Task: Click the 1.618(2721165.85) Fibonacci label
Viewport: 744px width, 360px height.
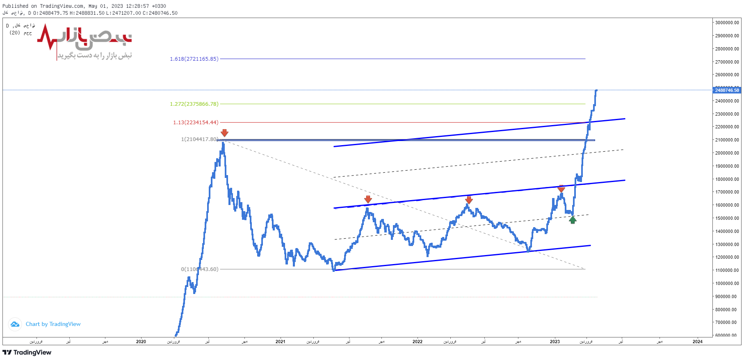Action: point(194,59)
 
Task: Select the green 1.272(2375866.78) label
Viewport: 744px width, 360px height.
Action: point(194,104)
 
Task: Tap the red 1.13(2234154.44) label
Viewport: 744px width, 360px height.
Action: point(196,123)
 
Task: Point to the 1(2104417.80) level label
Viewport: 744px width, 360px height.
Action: point(199,139)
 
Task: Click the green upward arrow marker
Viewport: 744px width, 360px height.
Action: point(573,220)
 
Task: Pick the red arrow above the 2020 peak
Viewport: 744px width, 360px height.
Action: point(224,133)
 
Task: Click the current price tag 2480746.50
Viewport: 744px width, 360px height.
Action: point(727,90)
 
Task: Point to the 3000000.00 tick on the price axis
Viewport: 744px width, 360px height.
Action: point(727,23)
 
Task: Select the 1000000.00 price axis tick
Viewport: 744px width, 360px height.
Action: point(727,283)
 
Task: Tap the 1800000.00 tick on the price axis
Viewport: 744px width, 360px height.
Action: point(727,179)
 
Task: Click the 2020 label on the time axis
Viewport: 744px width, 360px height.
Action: point(141,342)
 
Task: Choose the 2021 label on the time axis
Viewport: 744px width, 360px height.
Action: point(281,342)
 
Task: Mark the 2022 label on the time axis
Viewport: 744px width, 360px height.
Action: point(418,342)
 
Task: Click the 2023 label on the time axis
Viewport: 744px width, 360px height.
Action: point(555,342)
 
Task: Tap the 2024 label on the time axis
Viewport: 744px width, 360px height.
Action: point(698,342)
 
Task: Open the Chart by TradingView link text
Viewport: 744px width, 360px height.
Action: point(53,324)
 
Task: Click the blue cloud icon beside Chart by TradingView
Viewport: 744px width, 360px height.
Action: point(15,324)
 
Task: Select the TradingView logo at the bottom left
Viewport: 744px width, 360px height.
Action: point(27,353)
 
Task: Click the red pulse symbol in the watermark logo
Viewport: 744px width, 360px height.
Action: point(47,37)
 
